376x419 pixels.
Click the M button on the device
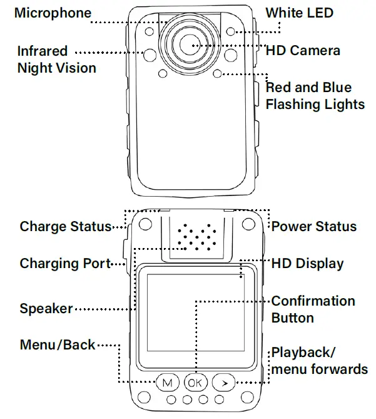point(167,382)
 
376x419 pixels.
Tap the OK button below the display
point(194,382)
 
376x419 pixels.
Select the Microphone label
point(53,13)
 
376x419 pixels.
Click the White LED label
point(299,13)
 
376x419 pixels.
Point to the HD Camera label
point(303,50)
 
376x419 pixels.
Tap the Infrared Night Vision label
point(56,59)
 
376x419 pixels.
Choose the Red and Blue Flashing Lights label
point(315,96)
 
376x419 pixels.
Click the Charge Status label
point(65,226)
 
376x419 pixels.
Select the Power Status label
point(313,226)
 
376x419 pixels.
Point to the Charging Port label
point(65,263)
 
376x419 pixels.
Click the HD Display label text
point(307,263)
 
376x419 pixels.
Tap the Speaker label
point(46,308)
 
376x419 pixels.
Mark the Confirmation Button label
point(313,309)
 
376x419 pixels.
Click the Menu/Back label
point(58,344)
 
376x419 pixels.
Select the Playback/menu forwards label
point(319,360)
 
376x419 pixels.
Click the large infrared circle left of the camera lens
point(151,55)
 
